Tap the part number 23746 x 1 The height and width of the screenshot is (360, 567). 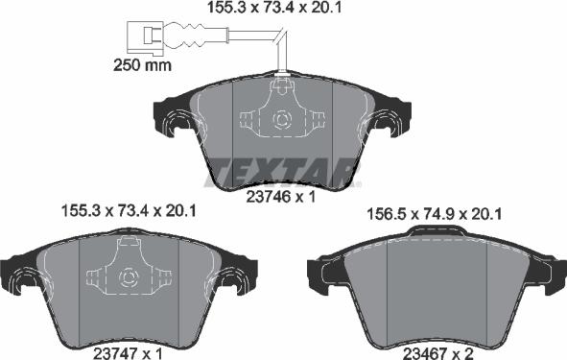pyautogui.click(x=282, y=198)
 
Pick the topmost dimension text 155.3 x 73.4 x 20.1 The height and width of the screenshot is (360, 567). pyautogui.click(x=276, y=10)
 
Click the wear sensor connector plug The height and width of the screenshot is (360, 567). pyautogui.click(x=147, y=37)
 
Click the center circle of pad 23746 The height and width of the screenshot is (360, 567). pyautogui.click(x=282, y=120)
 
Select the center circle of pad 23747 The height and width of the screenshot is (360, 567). pyautogui.click(x=129, y=278)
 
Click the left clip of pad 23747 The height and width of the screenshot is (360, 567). pyautogui.click(x=24, y=281)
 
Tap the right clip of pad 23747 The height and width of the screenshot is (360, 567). pyautogui.click(x=234, y=281)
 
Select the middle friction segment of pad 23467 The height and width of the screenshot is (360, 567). pyautogui.click(x=436, y=294)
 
